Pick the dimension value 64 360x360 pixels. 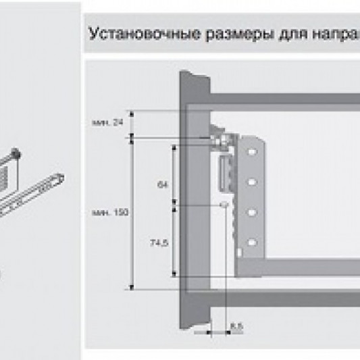(x=161, y=183)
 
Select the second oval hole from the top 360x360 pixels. (x=252, y=182)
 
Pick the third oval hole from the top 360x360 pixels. (x=252, y=212)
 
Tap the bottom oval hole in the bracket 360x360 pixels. (x=252, y=241)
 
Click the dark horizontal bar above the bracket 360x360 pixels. (x=284, y=101)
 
